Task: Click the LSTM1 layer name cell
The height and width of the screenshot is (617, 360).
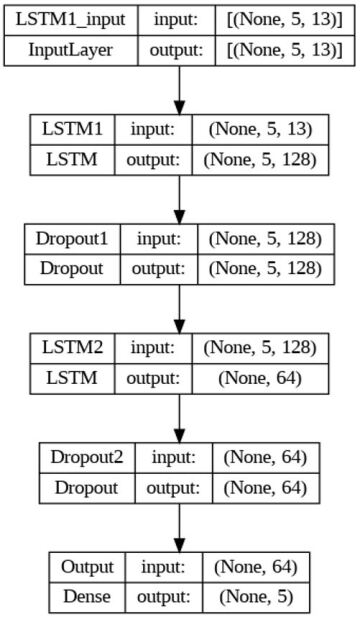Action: point(72,129)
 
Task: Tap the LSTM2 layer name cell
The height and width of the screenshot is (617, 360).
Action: point(72,348)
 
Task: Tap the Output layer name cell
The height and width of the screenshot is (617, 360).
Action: point(87,566)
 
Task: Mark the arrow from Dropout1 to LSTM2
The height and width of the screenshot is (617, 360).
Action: point(180,306)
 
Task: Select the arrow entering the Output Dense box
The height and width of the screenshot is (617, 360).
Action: point(180,525)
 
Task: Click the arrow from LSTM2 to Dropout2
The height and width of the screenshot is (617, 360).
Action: point(180,415)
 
